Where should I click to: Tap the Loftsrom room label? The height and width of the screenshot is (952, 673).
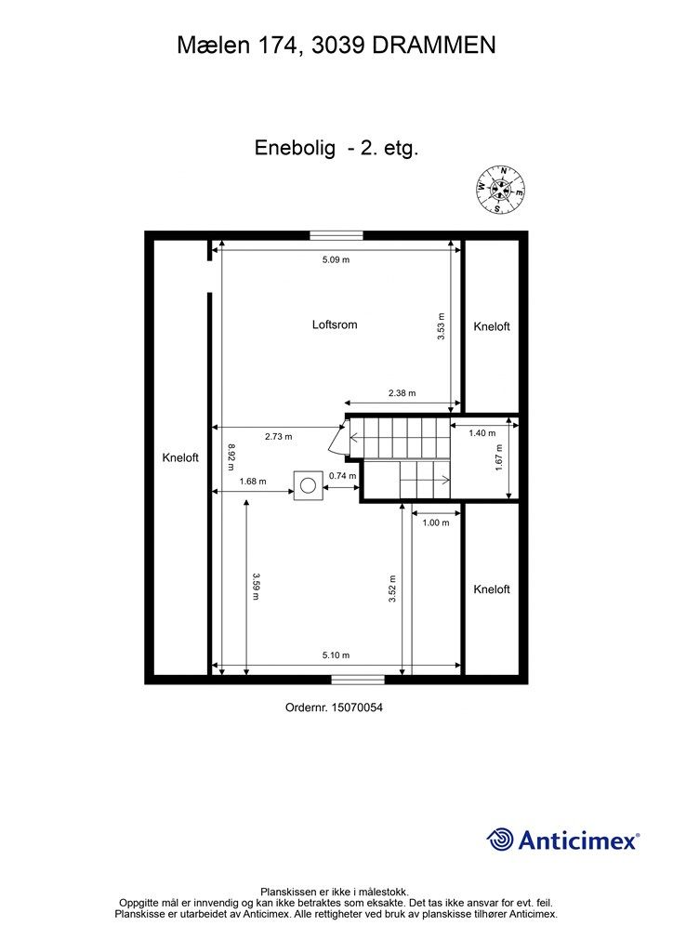coord(335,325)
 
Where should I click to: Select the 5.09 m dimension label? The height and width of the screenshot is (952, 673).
coord(336,260)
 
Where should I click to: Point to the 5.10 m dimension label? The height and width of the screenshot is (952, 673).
coord(336,655)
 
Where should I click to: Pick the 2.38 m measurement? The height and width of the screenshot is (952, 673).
coord(402,393)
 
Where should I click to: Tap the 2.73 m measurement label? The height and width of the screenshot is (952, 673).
coord(278,437)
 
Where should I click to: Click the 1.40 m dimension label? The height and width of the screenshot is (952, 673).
coord(482,433)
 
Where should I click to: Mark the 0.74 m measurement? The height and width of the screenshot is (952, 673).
coord(342,476)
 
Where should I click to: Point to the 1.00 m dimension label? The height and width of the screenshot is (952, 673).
coord(435,522)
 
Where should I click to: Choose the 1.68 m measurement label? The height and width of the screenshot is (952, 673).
coord(252,482)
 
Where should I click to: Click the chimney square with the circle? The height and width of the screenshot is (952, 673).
coord(307,484)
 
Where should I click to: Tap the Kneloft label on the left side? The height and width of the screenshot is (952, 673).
coord(180,458)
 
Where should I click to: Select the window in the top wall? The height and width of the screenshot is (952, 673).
coord(336,235)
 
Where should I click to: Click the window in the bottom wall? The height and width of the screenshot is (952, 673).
coord(358,680)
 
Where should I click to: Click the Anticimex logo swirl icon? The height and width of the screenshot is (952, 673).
coord(500,840)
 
